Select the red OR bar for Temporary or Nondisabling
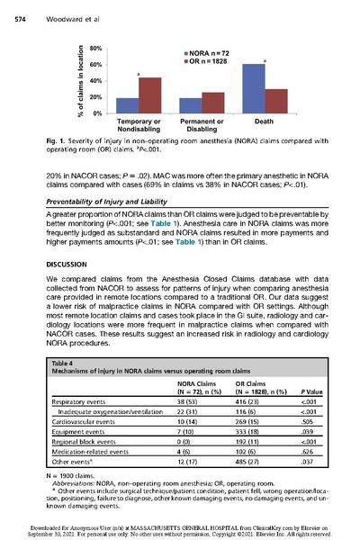(149, 95)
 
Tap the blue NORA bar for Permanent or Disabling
(191, 105)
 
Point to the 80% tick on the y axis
(94, 48)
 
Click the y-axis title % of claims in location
(80, 80)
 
